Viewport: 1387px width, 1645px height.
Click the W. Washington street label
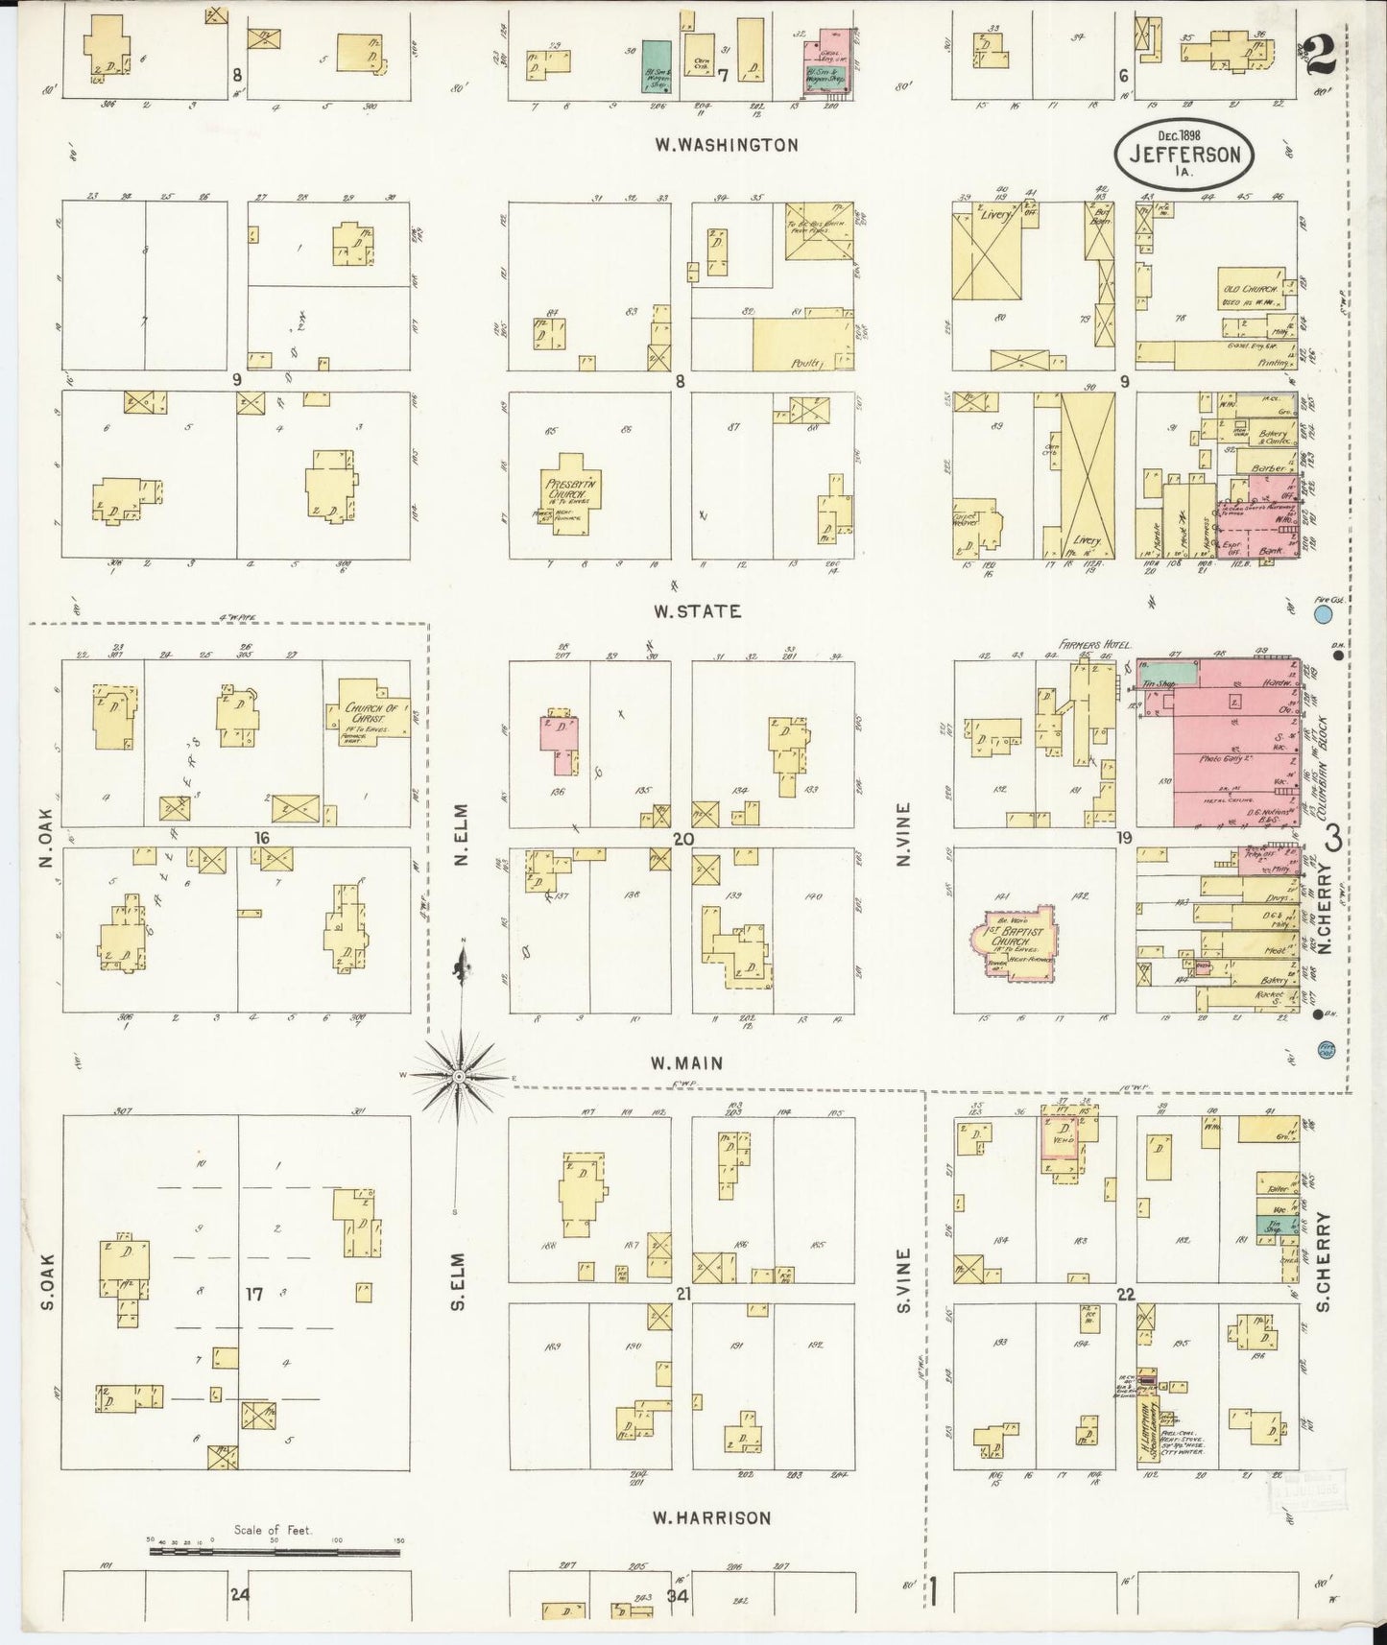[726, 145]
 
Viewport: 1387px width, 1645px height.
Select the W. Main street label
[686, 1062]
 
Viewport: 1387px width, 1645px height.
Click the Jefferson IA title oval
[1185, 154]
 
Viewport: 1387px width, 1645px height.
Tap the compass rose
[463, 1076]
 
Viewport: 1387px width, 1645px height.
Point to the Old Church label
[1248, 289]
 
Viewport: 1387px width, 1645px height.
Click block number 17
[253, 1294]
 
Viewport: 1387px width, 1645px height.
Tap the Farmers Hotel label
[1096, 644]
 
